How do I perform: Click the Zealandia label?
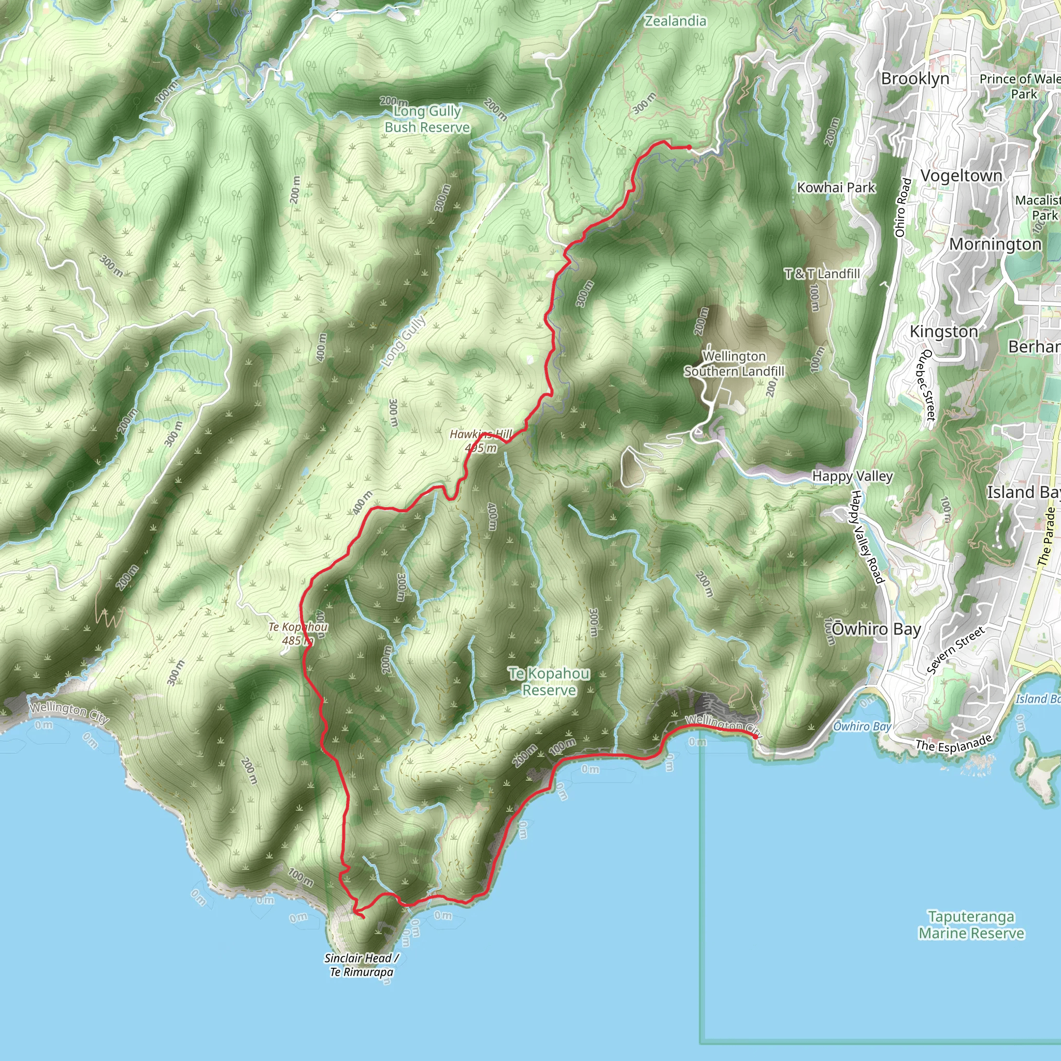click(675, 21)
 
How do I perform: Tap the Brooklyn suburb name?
click(915, 79)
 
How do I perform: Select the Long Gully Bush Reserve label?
click(427, 119)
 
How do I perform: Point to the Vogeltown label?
click(961, 176)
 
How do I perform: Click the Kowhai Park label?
click(836, 188)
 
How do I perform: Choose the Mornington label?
click(995, 245)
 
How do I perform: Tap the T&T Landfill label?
click(822, 274)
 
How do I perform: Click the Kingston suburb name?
click(943, 332)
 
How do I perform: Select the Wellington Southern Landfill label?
click(734, 364)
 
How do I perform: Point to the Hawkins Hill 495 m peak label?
click(481, 441)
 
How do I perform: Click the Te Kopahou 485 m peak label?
click(298, 633)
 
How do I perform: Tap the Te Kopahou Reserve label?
click(549, 682)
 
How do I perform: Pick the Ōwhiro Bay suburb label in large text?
click(876, 629)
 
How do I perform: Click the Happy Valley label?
click(852, 476)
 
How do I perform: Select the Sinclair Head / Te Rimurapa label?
click(362, 965)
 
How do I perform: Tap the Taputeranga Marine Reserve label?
click(971, 925)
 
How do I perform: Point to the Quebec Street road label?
click(927, 384)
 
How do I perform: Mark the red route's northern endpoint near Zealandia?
click(689, 147)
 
